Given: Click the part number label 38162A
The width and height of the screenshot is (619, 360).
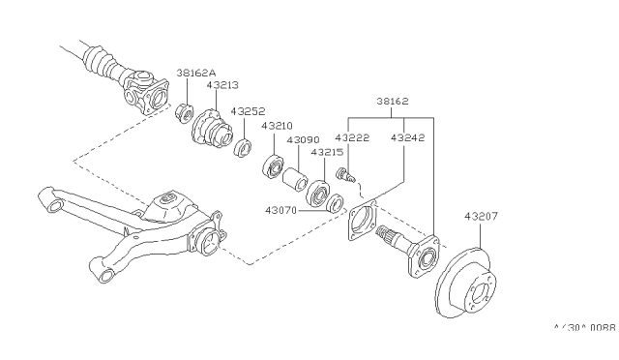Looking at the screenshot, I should (x=197, y=73).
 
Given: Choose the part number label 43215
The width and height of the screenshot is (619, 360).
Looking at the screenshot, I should (x=326, y=152).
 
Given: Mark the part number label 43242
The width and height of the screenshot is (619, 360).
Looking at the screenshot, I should (x=407, y=138).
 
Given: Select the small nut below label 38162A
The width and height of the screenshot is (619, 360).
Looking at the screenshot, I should (x=184, y=119).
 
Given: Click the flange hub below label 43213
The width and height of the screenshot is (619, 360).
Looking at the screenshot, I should (x=210, y=133).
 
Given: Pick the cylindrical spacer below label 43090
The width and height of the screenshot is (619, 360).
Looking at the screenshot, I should (x=293, y=181).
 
